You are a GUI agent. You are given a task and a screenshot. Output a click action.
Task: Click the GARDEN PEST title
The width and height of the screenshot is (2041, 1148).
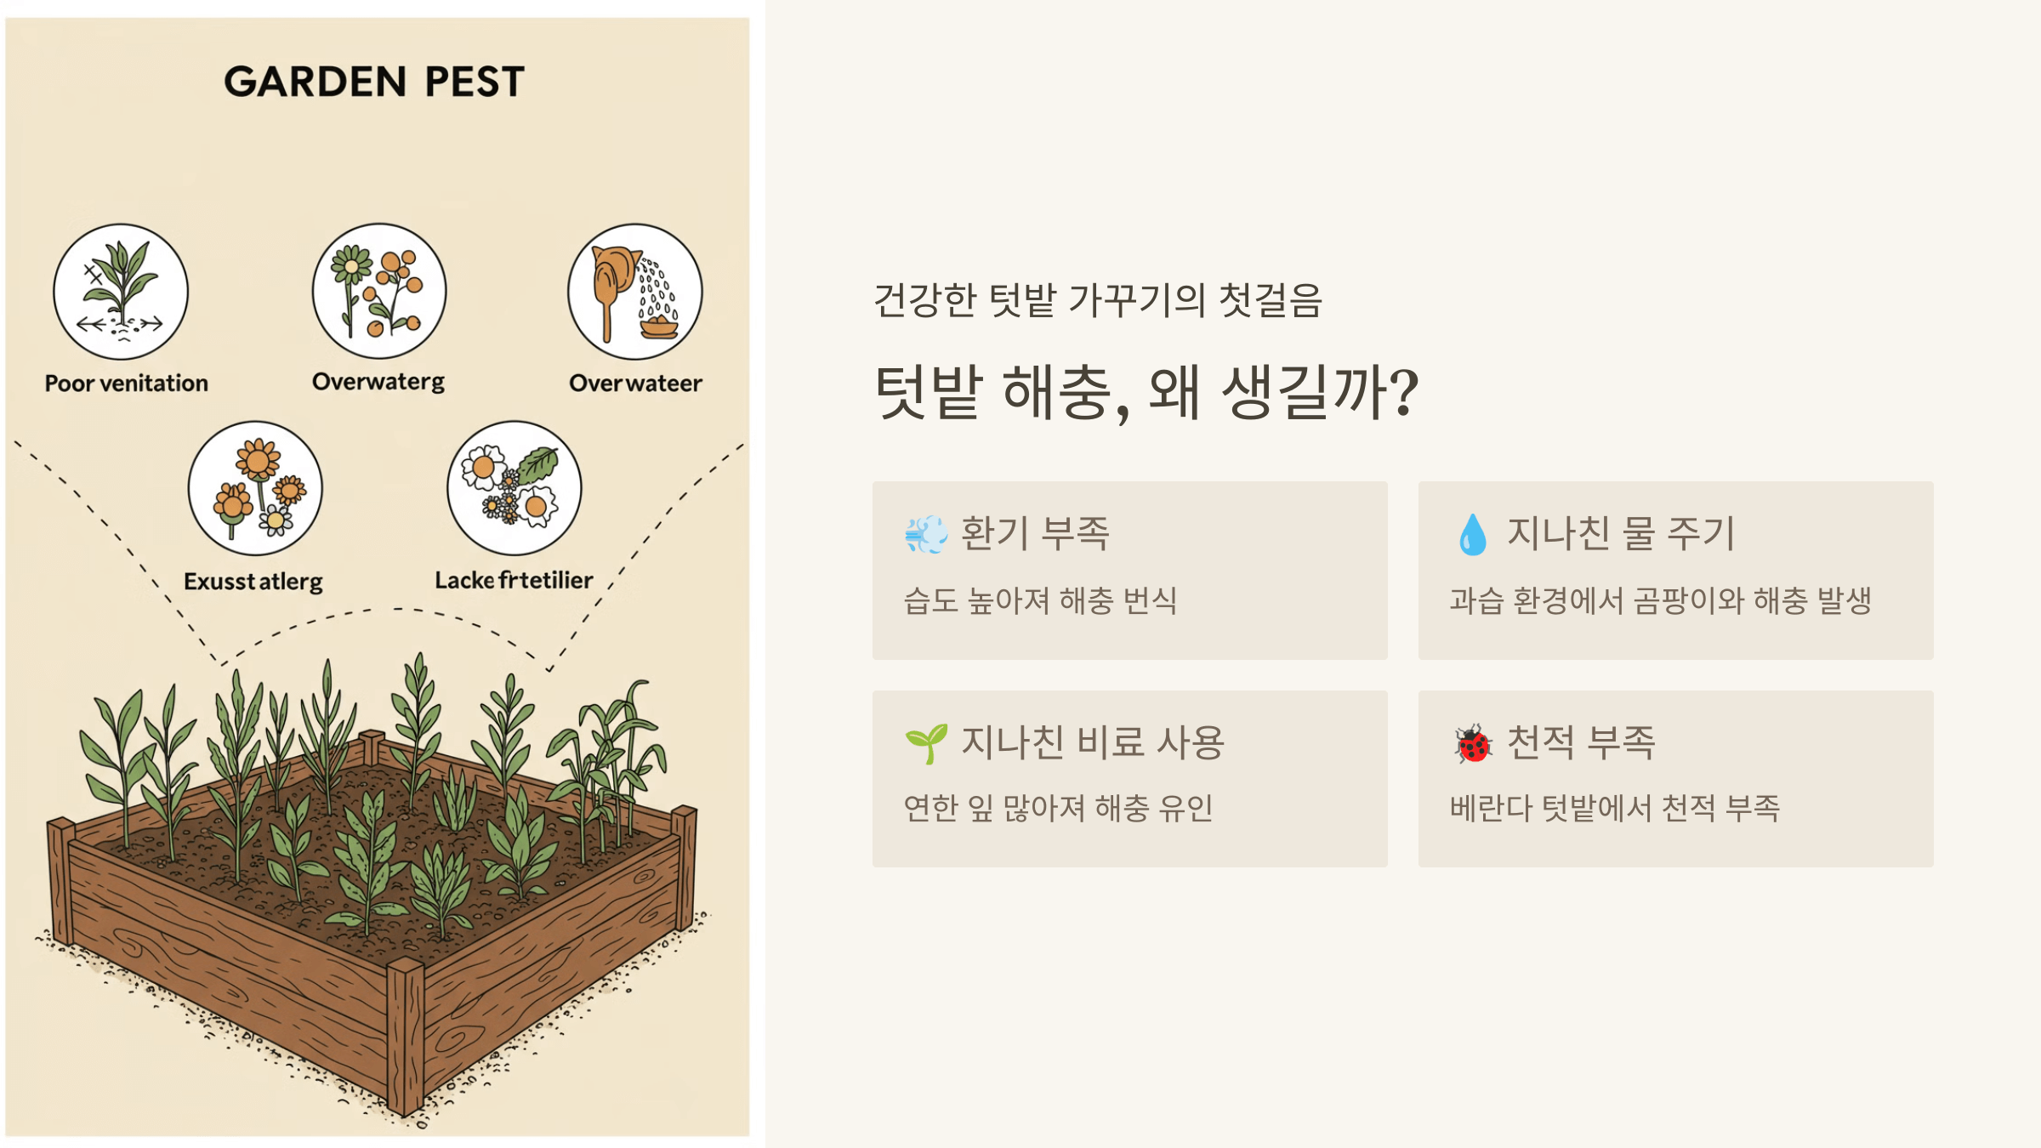(374, 82)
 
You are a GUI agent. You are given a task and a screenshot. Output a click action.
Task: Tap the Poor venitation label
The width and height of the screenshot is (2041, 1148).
(127, 384)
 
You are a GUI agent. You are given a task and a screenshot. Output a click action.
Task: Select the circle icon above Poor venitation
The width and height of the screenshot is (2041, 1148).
(121, 292)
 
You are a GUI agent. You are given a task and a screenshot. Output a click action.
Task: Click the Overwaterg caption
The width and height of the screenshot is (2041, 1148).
(378, 382)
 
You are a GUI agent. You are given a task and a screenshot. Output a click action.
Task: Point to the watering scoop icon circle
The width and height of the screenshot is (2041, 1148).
(635, 292)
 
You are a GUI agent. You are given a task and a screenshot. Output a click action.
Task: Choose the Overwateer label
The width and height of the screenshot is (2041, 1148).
(635, 384)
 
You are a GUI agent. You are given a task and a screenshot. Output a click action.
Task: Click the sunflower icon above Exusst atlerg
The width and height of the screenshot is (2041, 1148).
(255, 488)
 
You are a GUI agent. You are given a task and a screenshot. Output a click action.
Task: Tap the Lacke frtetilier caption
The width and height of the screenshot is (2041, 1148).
(514, 581)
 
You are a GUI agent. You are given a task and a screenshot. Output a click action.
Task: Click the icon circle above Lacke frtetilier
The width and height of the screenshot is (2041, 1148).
(515, 488)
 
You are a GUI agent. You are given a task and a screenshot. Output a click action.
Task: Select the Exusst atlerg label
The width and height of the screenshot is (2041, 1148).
(253, 582)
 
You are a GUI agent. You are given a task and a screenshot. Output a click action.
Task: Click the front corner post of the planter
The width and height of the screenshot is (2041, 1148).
(406, 1037)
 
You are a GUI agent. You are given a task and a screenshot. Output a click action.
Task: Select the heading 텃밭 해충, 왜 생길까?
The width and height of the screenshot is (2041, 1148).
(1146, 392)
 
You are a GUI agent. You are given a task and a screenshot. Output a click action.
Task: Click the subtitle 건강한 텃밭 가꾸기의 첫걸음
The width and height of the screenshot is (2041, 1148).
(1098, 300)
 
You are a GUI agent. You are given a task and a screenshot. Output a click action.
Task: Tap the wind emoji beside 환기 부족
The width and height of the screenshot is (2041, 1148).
(926, 535)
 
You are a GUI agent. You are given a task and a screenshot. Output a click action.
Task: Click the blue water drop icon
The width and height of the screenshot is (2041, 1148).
(1473, 535)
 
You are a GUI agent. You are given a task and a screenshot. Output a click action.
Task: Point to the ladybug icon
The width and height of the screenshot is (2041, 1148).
(1473, 744)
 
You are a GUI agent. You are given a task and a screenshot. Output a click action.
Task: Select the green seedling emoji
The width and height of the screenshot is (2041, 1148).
(926, 743)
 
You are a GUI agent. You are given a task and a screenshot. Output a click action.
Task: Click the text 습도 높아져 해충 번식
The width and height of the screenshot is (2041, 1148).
(1040, 601)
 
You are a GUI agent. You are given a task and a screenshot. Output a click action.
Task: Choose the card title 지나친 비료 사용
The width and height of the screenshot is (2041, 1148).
(1093, 742)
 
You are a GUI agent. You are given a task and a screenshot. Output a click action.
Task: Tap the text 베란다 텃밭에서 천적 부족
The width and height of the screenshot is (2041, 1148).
(1614, 808)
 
